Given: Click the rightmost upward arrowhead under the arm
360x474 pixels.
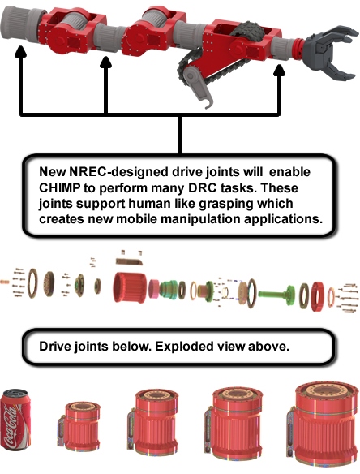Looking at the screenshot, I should coord(280,75).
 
